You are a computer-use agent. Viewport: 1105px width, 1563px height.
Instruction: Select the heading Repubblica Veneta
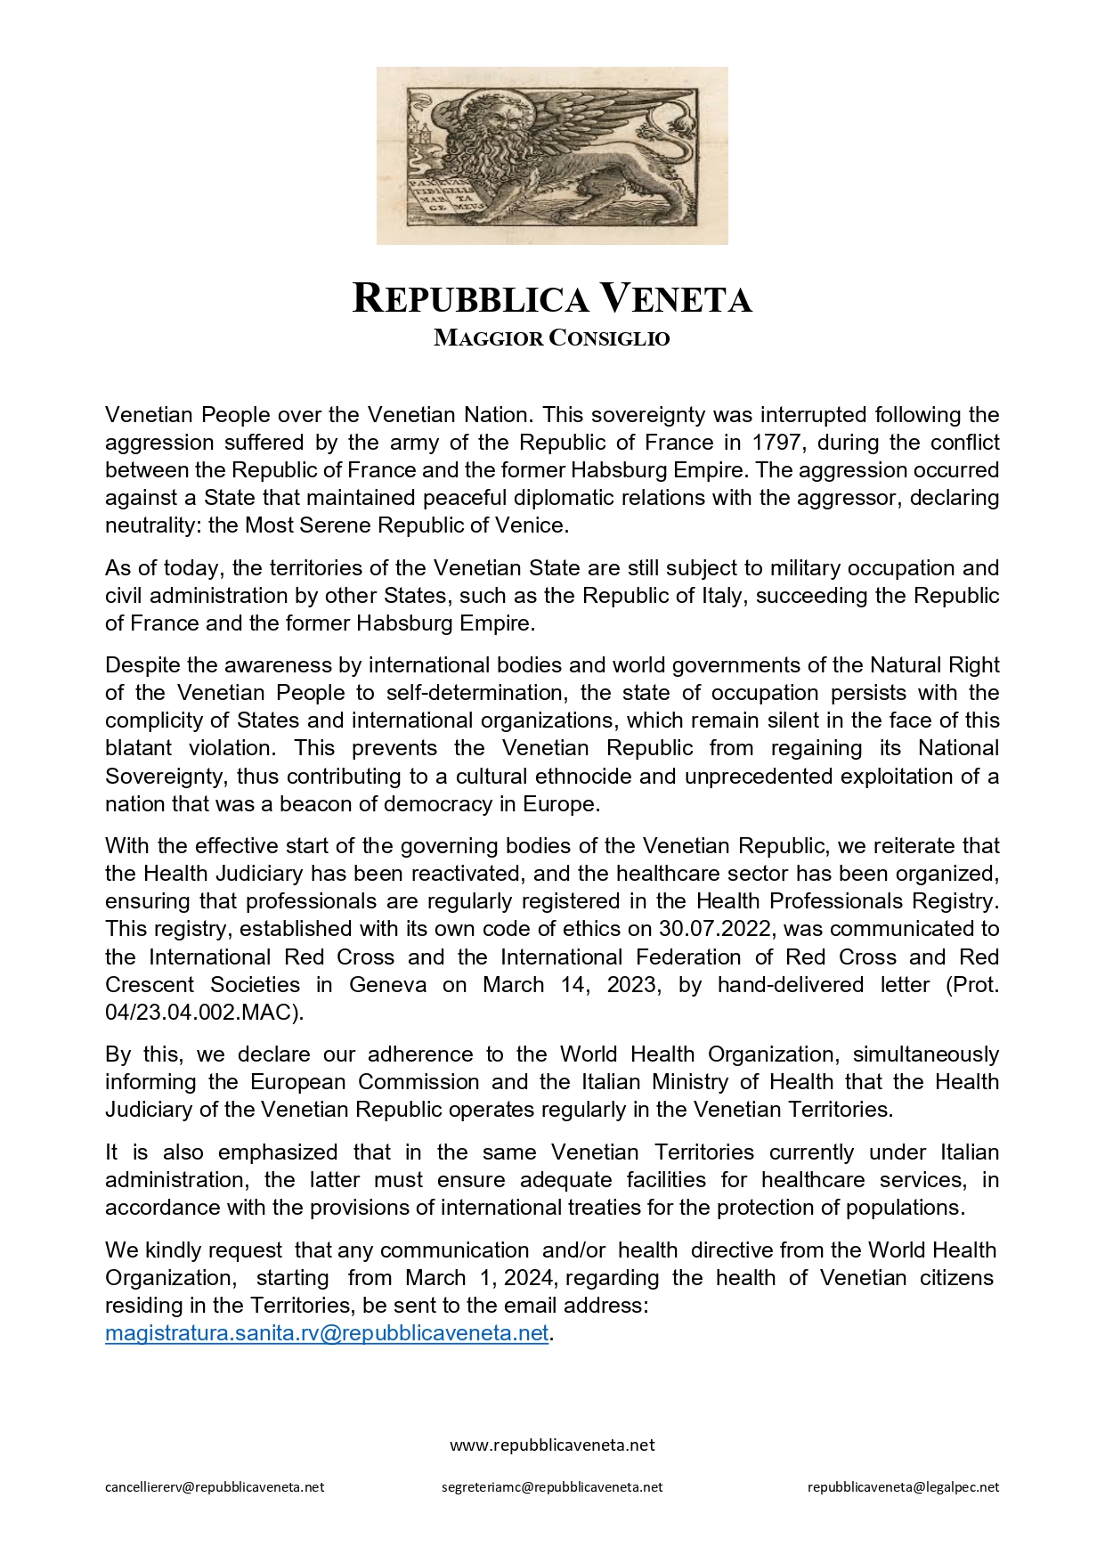[x=552, y=298]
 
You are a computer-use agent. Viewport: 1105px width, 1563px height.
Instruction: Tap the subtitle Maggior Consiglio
[x=552, y=338]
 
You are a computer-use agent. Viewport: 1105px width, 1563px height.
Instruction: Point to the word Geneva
[x=387, y=984]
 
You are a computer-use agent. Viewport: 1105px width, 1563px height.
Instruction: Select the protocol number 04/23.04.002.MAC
[x=202, y=1012]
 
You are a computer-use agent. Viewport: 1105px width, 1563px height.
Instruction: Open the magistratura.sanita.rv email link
[x=327, y=1333]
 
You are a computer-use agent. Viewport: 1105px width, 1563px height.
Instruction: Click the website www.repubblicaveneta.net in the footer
[x=552, y=1445]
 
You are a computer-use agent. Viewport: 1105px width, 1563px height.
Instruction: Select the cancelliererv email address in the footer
[x=215, y=1486]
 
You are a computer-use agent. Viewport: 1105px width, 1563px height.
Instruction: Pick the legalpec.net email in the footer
[x=903, y=1486]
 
